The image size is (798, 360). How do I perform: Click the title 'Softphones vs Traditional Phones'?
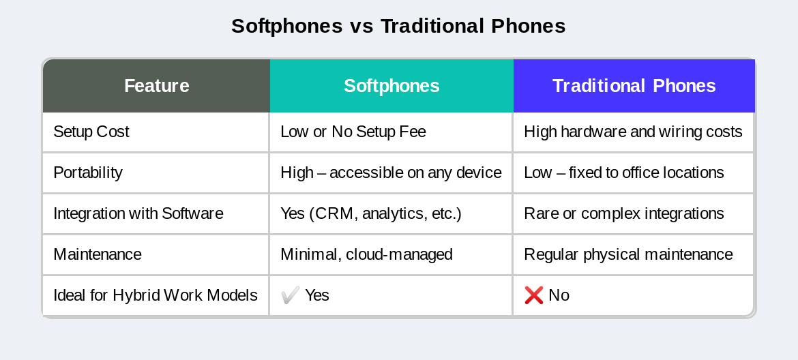click(398, 26)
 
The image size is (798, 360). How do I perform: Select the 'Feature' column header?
click(156, 86)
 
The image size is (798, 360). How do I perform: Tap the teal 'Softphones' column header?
click(391, 86)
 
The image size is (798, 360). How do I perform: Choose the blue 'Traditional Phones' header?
click(634, 86)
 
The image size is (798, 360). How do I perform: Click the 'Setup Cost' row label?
click(91, 132)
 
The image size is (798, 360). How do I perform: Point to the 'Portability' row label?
click(88, 172)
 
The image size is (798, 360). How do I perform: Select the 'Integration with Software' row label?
click(138, 213)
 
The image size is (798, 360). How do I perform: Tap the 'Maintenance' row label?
click(98, 254)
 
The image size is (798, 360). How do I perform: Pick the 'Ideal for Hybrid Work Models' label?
click(156, 295)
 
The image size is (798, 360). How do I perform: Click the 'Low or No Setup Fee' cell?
click(353, 132)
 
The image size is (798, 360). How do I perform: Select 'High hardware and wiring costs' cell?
click(633, 132)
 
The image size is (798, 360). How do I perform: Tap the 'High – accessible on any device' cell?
click(391, 172)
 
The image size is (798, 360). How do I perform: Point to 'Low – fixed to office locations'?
click(624, 172)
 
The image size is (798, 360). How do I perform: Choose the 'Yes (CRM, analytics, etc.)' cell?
click(371, 213)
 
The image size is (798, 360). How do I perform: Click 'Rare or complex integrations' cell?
click(624, 213)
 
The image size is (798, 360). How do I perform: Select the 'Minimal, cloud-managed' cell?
click(366, 254)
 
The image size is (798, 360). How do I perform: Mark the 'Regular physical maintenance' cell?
click(628, 254)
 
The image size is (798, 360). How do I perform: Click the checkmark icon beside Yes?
click(290, 295)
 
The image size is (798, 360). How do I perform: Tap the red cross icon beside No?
click(533, 295)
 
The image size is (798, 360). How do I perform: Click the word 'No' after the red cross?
click(559, 295)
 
